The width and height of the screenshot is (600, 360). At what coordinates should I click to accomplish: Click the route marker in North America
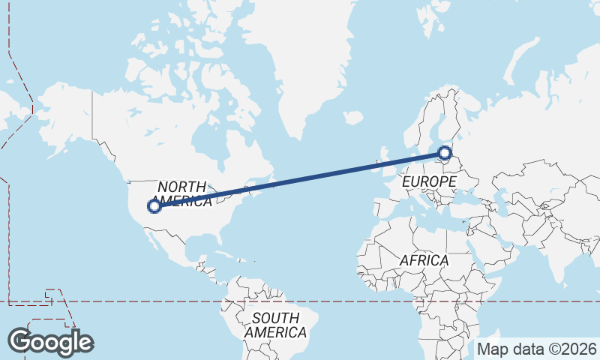[x=154, y=205]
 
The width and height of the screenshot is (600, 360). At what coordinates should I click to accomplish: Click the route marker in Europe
[x=445, y=154]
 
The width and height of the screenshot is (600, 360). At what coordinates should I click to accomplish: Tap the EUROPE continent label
[x=428, y=182]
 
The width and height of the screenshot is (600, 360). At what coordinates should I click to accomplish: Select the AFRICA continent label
[x=424, y=260]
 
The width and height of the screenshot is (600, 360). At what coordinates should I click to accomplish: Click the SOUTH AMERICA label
[x=275, y=325]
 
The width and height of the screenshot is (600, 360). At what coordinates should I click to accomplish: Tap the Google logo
[x=51, y=341]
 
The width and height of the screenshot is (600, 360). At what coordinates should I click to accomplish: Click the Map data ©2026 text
[x=537, y=349]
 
